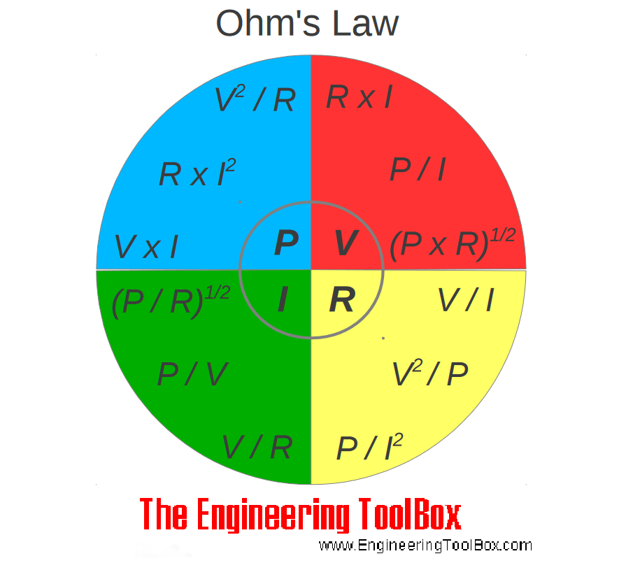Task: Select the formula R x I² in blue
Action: [x=197, y=173]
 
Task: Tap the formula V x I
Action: [x=145, y=247]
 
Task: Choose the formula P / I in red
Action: [x=418, y=170]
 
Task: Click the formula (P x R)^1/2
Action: [x=452, y=245]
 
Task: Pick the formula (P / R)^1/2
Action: [x=170, y=301]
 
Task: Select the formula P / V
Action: [x=192, y=375]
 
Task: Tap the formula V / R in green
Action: [x=257, y=447]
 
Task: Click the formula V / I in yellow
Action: [x=466, y=301]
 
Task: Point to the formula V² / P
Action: [x=429, y=374]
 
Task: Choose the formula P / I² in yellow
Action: [x=369, y=448]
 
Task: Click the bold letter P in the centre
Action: [x=286, y=243]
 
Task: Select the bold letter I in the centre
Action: [x=283, y=300]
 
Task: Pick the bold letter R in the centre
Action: [x=342, y=300]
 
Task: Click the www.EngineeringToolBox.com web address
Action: [x=425, y=546]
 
